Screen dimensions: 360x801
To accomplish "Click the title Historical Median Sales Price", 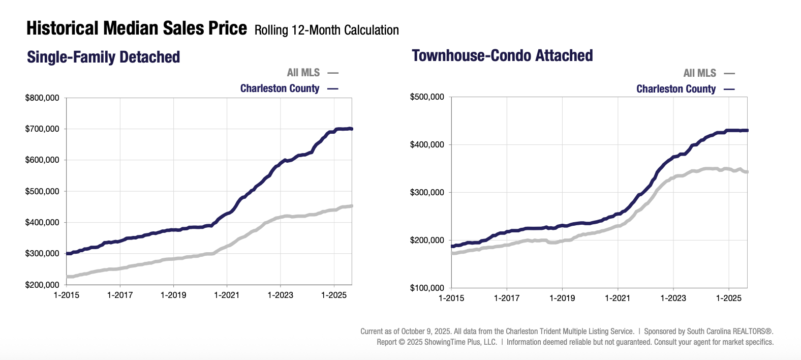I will click(x=136, y=28).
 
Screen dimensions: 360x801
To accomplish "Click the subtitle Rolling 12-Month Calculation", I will click(x=326, y=30).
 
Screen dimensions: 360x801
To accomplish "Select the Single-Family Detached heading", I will click(x=103, y=57).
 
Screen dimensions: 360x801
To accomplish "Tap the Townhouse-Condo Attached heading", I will click(x=502, y=55).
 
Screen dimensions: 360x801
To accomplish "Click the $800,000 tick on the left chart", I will click(x=42, y=98).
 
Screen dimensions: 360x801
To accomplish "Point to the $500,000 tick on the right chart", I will click(x=427, y=97).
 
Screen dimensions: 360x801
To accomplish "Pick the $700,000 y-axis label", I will click(x=42, y=129).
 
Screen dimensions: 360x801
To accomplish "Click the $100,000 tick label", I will click(x=427, y=288).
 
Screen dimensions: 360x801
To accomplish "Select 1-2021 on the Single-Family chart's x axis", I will click(x=227, y=295).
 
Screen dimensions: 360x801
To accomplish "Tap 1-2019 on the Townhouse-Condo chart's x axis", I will click(x=562, y=298).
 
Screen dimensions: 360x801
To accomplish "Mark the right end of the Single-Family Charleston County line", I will click(x=352, y=129).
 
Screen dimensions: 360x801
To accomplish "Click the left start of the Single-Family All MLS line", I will click(x=68, y=277).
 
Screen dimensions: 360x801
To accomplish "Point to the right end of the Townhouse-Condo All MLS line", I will click(x=747, y=172).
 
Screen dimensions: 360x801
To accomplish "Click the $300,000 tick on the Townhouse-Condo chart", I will click(x=427, y=192).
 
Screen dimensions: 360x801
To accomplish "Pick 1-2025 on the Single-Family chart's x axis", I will click(x=334, y=295).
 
